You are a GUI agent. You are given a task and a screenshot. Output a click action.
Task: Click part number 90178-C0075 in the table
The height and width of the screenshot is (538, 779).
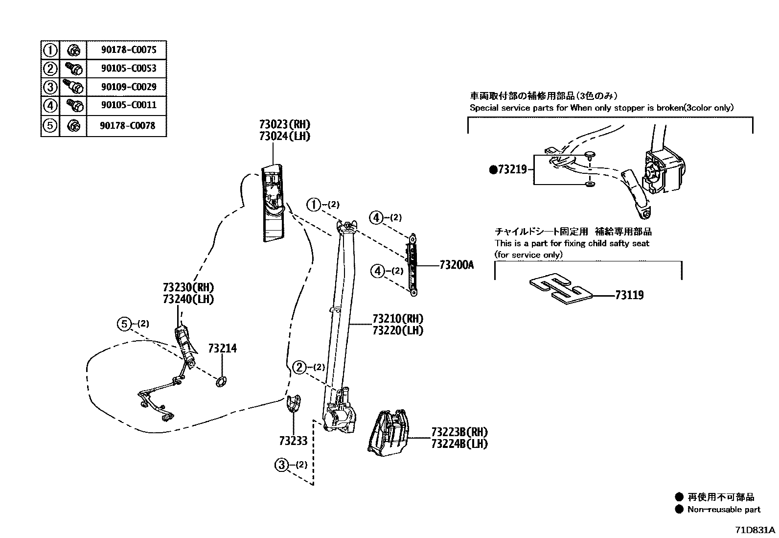coord(129,49)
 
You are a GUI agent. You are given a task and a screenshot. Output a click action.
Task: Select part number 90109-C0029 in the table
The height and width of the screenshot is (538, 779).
coord(129,87)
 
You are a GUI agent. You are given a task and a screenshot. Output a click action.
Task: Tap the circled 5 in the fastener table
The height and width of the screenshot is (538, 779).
coord(50,126)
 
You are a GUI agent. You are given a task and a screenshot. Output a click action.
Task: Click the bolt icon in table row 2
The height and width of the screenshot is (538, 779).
coord(72,68)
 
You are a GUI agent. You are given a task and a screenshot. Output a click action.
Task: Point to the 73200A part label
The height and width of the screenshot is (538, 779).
coord(457,265)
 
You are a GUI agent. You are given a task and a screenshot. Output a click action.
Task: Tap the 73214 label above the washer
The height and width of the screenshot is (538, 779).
coord(222,348)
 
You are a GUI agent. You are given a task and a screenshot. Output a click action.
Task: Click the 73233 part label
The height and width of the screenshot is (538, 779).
coord(293,441)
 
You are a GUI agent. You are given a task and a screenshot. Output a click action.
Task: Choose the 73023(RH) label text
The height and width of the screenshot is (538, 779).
coord(285,124)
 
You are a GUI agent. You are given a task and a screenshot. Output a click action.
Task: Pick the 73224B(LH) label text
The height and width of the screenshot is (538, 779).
coord(459,444)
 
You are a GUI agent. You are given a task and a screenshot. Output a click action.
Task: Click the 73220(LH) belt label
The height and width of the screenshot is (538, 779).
coord(397,330)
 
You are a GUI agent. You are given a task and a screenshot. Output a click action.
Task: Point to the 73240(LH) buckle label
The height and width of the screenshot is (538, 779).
coord(188,299)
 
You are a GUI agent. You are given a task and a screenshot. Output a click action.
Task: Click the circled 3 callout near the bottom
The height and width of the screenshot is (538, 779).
coord(282,465)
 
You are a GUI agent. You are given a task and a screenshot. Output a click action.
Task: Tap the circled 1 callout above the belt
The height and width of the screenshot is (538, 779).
coord(313,204)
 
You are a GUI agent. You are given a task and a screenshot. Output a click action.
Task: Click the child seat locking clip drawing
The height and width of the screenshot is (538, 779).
coord(560,288)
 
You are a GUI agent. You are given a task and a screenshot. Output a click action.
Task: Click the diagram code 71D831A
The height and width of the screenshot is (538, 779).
coord(755,530)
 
